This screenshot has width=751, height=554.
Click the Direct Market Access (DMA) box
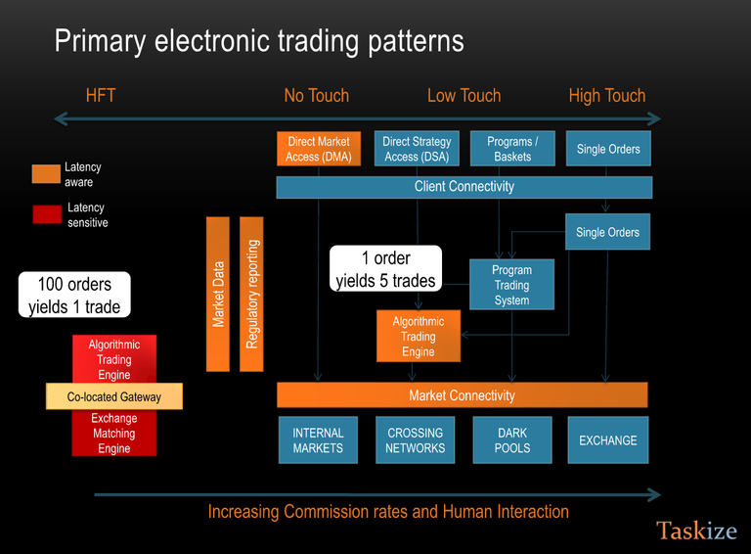coord(319,149)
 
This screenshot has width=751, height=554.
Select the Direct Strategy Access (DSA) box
coord(417,149)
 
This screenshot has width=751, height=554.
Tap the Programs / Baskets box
coord(512,149)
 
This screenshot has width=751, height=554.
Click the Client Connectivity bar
coord(464,187)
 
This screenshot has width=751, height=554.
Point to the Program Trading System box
coord(511,285)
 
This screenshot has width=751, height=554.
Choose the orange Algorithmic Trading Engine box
coord(419,337)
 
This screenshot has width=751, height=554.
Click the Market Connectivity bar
coord(462,395)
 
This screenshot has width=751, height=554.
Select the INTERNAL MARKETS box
coord(319,440)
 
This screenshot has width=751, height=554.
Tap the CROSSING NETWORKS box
coord(416,440)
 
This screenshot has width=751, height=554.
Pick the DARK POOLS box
coord(512,440)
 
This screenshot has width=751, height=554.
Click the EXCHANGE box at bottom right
coord(607,440)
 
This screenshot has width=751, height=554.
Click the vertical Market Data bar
coord(218,294)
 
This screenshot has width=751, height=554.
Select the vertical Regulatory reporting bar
coord(251,294)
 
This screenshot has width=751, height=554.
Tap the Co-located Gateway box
coord(114,396)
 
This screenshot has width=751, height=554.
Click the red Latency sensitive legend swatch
coord(47,214)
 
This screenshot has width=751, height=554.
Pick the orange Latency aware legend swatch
coord(46,173)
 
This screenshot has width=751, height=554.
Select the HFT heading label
coord(101,95)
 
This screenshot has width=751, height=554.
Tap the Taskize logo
coord(696,531)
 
